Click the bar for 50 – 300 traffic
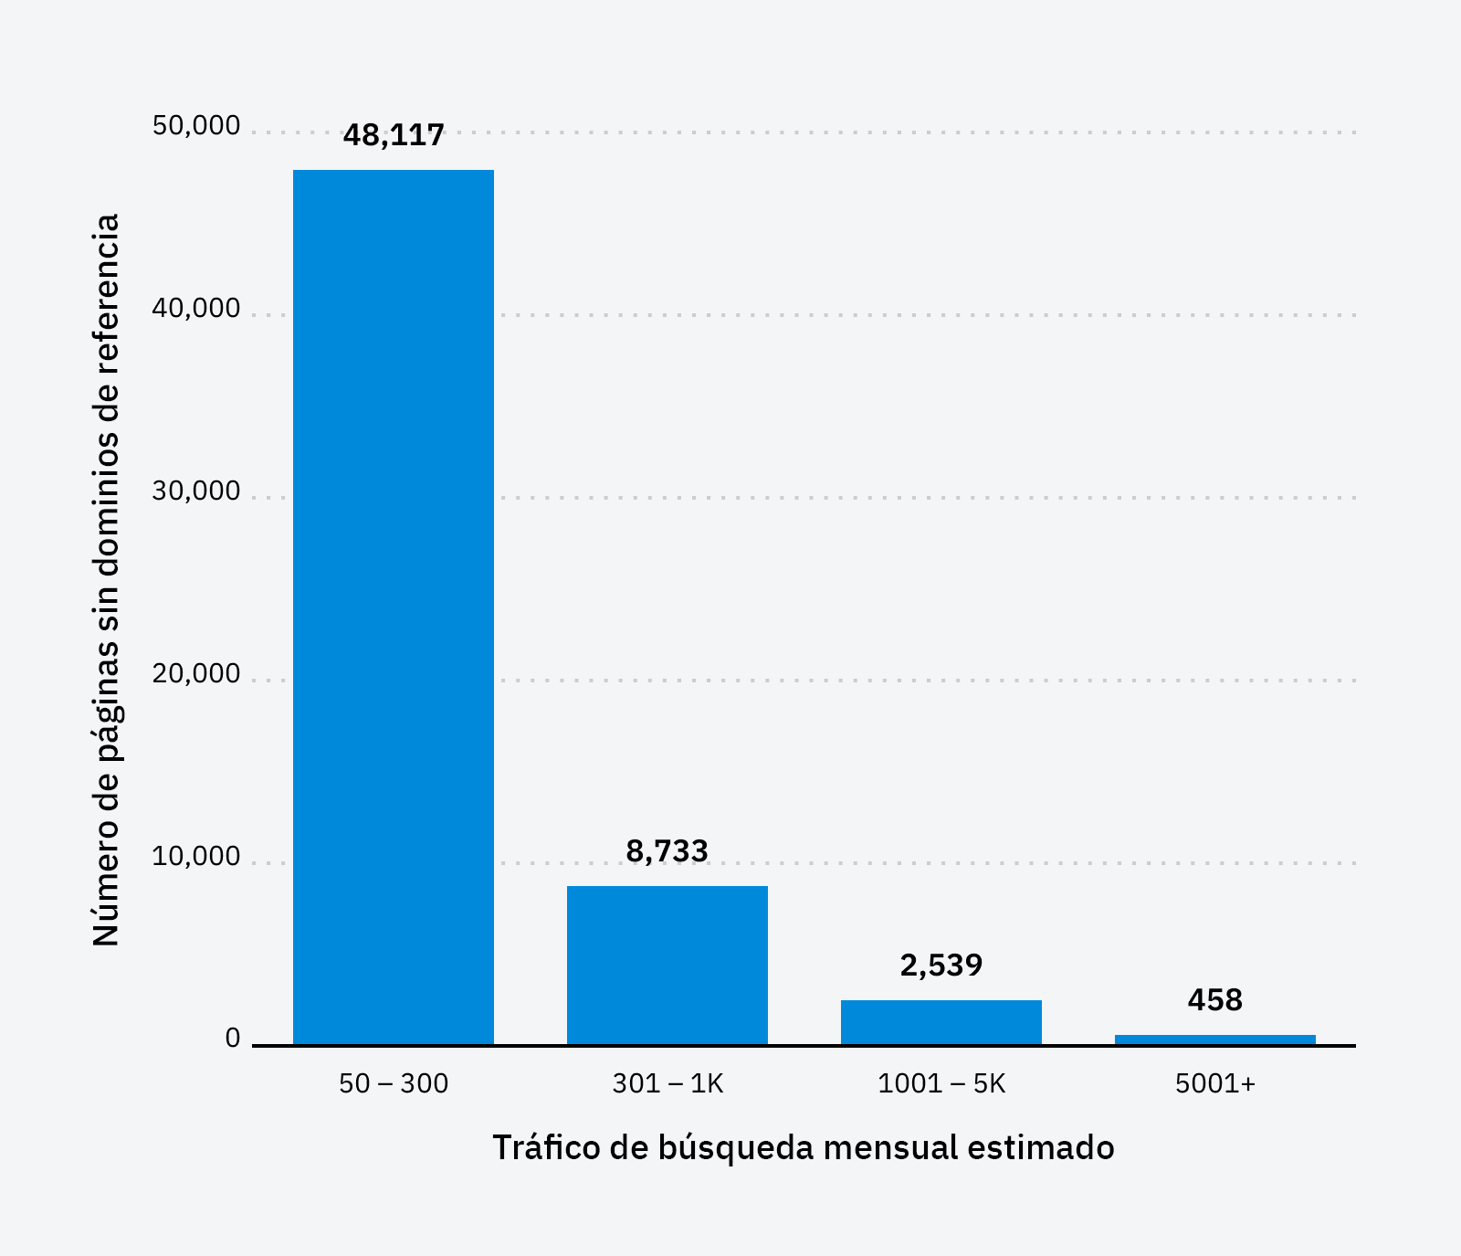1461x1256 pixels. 393,607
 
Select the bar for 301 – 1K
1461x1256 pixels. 667,965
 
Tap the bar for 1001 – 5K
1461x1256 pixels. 941,1022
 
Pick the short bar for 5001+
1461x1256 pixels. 1214,1040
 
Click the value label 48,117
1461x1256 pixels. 394,135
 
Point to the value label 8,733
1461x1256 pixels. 667,851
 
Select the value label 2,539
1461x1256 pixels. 941,966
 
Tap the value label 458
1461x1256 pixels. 1214,1000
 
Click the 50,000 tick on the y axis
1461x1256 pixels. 196,126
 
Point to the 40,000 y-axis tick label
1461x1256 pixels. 196,309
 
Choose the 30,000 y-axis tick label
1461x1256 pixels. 196,491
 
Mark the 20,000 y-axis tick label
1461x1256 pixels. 196,674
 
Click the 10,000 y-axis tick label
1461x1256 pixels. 196,857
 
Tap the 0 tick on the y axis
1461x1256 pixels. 233,1039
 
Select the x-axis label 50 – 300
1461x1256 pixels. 394,1083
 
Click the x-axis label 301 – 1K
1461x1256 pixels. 667,1083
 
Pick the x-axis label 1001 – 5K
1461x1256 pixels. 941,1083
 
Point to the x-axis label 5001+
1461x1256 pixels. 1215,1083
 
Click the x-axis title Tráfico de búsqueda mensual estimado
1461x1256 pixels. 804,1147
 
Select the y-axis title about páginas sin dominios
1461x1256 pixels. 107,580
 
